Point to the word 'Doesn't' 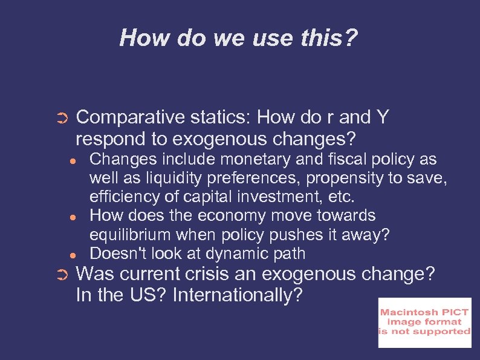(113, 254)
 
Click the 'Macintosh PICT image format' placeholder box (424, 322)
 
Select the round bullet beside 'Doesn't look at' (72, 254)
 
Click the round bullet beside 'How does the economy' (72, 217)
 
